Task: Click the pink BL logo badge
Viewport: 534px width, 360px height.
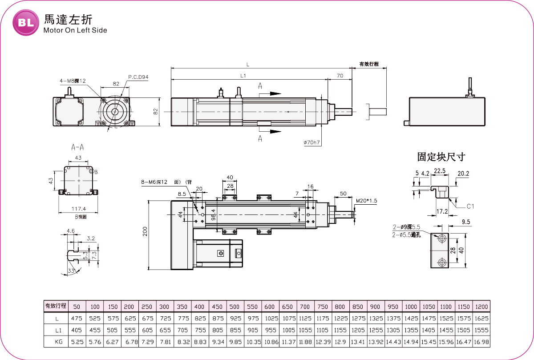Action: pyautogui.click(x=26, y=23)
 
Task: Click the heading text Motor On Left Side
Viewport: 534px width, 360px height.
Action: pyautogui.click(x=75, y=31)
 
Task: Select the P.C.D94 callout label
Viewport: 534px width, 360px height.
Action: pyautogui.click(x=138, y=77)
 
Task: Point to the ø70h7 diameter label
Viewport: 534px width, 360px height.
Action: pyautogui.click(x=312, y=142)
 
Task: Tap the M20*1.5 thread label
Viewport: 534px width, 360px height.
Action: pyautogui.click(x=367, y=201)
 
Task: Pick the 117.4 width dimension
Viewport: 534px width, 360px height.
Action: pyautogui.click(x=79, y=209)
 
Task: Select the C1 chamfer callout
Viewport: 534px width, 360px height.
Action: pyautogui.click(x=471, y=207)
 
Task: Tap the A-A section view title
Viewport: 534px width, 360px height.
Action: pyautogui.click(x=78, y=147)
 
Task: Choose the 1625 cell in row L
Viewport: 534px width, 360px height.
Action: pyautogui.click(x=481, y=318)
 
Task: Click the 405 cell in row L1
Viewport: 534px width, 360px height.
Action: pyautogui.click(x=76, y=330)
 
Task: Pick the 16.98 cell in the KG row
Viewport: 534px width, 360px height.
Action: pyautogui.click(x=481, y=342)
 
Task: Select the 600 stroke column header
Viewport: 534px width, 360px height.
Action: pyautogui.click(x=269, y=307)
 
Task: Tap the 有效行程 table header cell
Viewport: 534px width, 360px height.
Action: pyautogui.click(x=56, y=306)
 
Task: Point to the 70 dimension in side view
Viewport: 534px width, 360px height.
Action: pyautogui.click(x=340, y=76)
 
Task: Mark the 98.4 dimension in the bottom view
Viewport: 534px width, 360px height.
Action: pyautogui.click(x=213, y=214)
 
